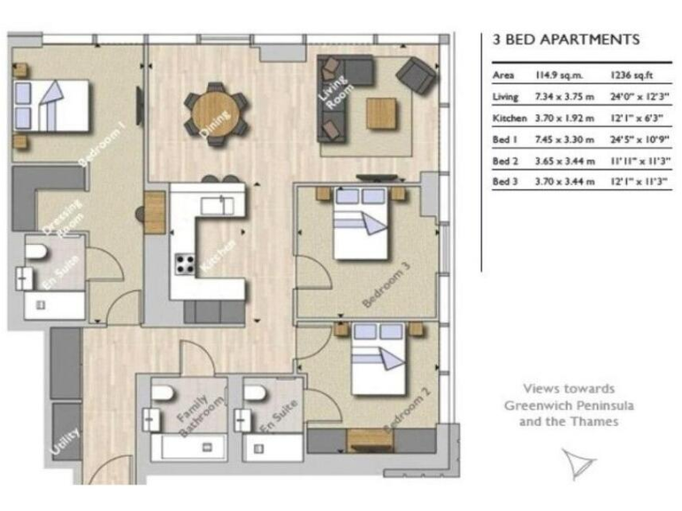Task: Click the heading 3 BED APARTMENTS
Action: (565, 40)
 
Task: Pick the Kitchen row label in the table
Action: (510, 118)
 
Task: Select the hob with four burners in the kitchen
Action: (186, 263)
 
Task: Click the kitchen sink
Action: (217, 206)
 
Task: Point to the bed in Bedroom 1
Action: (51, 106)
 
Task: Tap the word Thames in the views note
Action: (594, 421)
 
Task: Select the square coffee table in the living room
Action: (382, 113)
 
